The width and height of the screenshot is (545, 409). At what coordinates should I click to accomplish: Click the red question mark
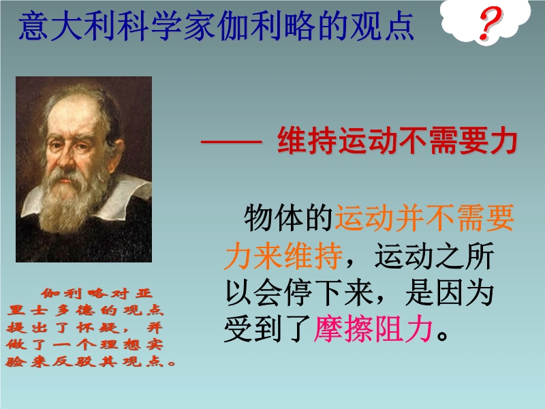tap(490, 24)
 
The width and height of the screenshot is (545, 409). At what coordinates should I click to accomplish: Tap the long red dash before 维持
tap(231, 142)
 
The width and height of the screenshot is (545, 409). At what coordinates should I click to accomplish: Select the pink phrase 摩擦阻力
tap(373, 329)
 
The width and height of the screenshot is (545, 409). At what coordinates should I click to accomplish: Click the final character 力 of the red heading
tap(503, 141)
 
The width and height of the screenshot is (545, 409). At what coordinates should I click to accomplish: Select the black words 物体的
tap(288, 218)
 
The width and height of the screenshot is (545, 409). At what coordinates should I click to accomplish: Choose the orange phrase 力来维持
tap(283, 256)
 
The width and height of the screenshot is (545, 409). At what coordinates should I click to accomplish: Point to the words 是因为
tap(449, 292)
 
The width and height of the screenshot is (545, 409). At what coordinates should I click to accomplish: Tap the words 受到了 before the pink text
tap(268, 329)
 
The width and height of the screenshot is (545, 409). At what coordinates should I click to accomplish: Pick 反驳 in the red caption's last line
tap(74, 362)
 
